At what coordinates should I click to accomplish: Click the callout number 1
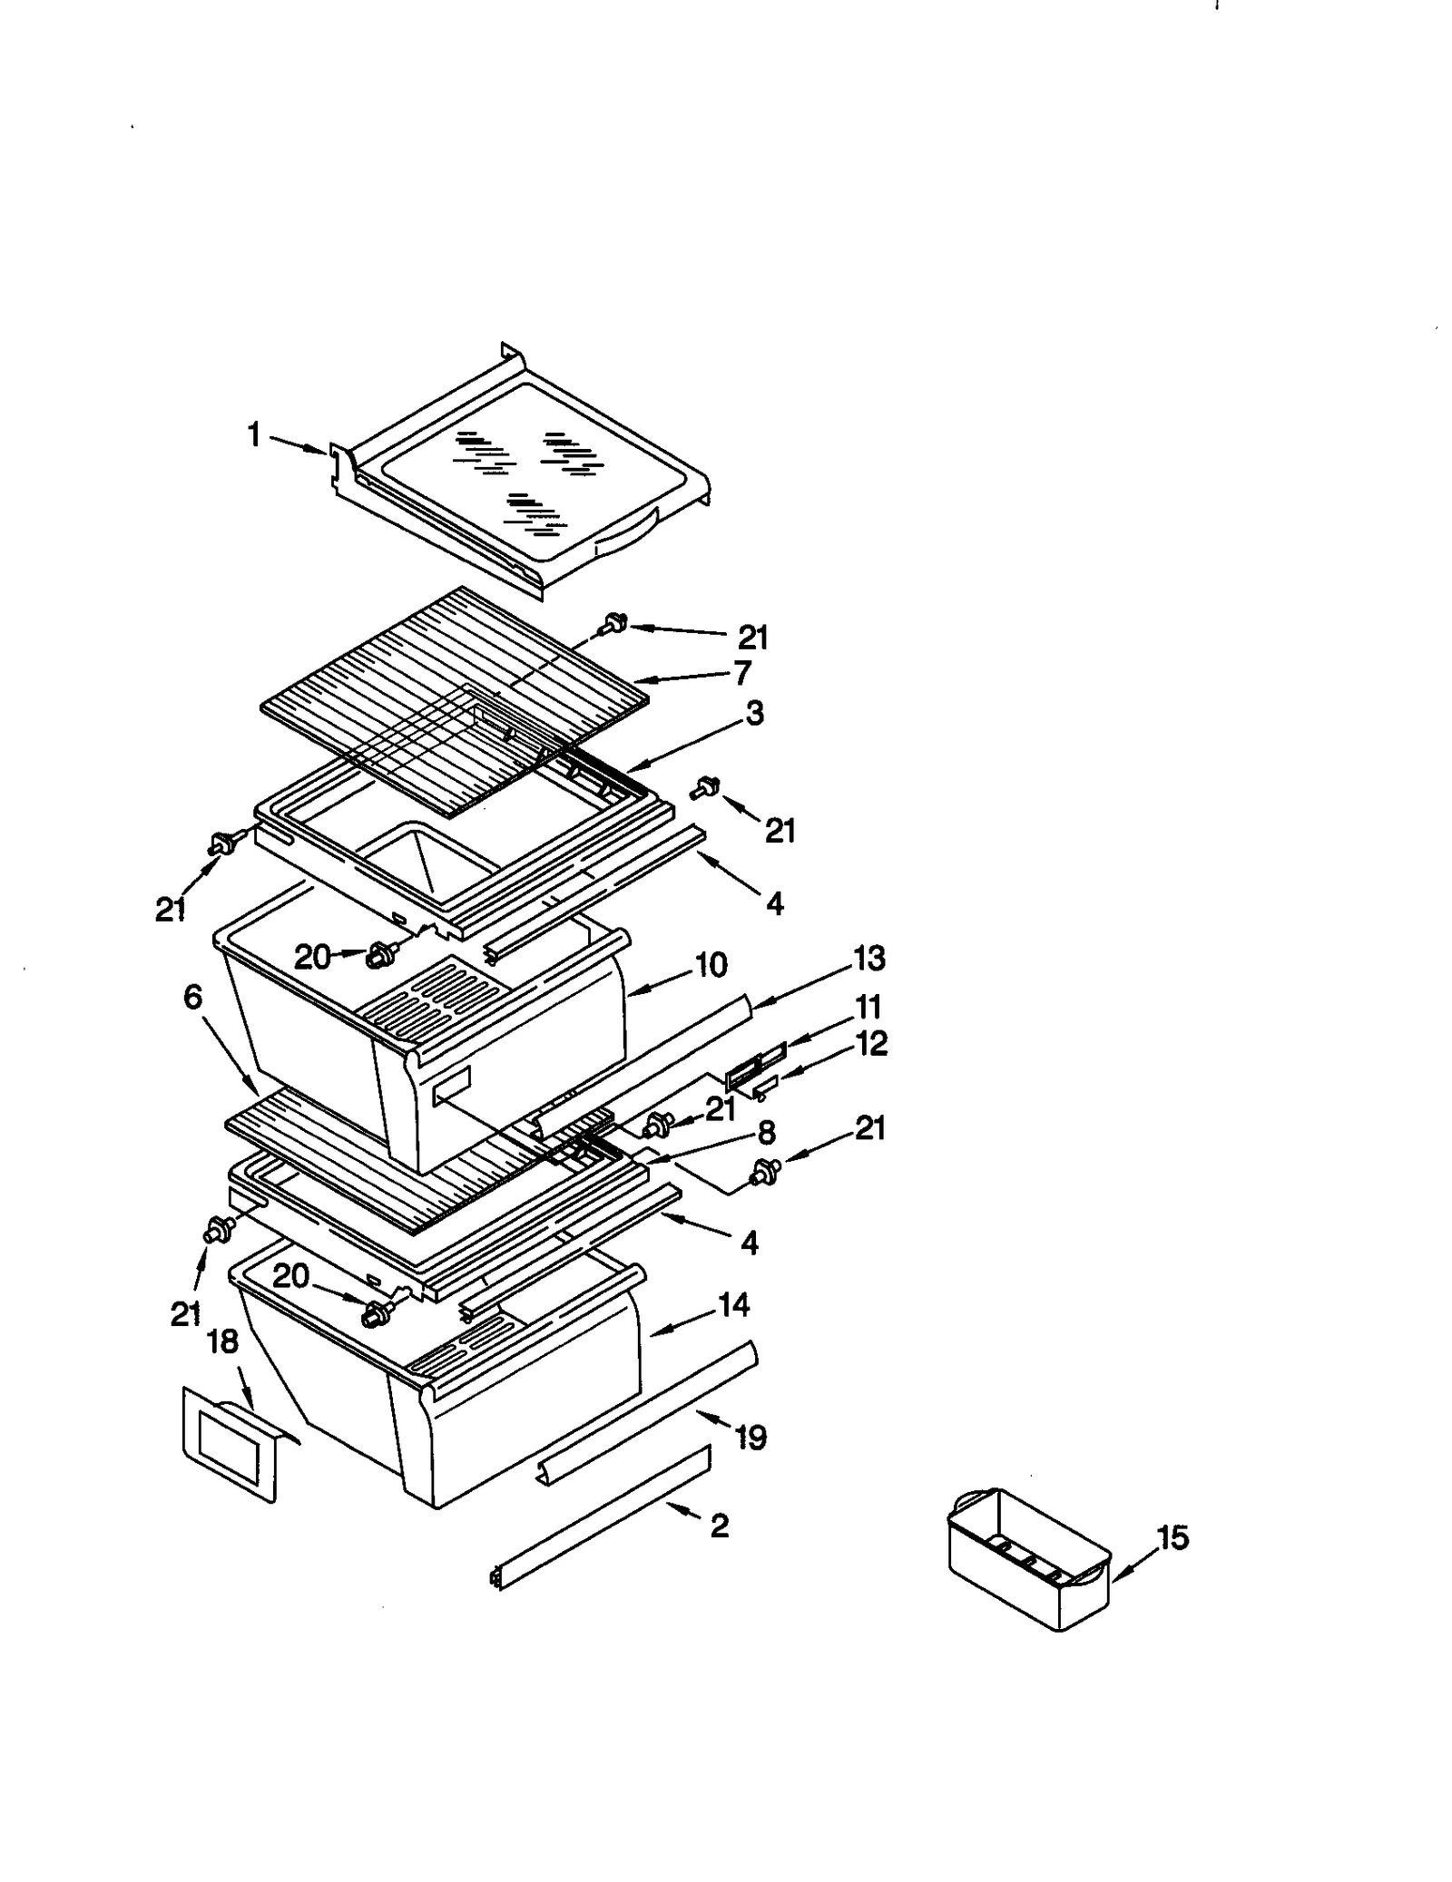point(254,436)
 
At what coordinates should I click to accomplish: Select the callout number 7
point(742,673)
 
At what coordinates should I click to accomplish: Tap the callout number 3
point(755,713)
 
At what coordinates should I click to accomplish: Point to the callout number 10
point(711,965)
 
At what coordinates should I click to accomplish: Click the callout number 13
point(868,959)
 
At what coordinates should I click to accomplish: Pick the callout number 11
point(868,1007)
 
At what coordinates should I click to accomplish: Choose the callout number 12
point(871,1043)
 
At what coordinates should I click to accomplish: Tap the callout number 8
point(766,1132)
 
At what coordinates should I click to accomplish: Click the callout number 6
point(192,997)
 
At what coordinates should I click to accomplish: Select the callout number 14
point(733,1305)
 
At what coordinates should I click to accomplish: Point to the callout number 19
point(751,1437)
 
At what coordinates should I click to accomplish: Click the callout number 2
point(719,1526)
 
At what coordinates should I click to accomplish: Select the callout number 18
point(222,1341)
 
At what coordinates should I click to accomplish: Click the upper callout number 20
point(312,957)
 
